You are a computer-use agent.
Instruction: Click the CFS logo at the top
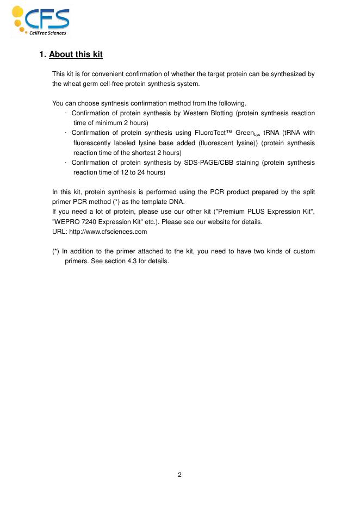41,20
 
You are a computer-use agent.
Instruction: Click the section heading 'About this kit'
76,55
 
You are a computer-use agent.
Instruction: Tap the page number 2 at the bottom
179,475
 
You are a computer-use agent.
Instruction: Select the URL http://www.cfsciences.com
100,232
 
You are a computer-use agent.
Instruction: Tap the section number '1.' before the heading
43,55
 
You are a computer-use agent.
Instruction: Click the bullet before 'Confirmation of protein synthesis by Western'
65,113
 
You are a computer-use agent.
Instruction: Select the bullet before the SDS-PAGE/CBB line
65,163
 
